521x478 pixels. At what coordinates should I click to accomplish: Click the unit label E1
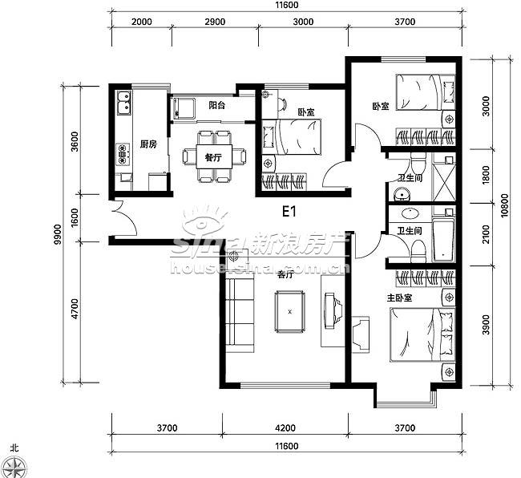pos(289,211)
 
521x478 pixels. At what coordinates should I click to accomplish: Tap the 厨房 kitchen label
pos(148,144)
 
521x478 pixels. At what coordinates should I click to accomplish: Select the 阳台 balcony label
pos(216,105)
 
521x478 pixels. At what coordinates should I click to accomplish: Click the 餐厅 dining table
pos(214,156)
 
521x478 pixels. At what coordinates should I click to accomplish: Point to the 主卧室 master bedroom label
pos(399,298)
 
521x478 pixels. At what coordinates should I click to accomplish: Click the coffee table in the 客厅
pos(290,312)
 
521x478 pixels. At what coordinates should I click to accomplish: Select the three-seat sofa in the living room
pos(240,314)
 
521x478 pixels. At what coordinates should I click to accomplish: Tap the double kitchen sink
pos(123,103)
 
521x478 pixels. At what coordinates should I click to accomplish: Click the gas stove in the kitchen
pos(123,154)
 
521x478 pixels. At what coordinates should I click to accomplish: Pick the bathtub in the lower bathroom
pos(443,239)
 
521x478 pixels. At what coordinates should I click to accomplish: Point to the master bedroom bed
pos(422,334)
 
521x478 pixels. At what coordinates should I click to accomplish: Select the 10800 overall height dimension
pos(504,205)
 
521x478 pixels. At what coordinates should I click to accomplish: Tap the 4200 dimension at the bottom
pos(285,427)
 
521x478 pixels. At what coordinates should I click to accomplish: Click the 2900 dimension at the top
pos(215,22)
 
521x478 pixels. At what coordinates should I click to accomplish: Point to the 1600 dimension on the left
pos(75,217)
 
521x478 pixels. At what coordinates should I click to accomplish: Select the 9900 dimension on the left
pos(58,234)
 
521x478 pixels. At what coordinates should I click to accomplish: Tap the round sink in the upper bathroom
pos(402,194)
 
